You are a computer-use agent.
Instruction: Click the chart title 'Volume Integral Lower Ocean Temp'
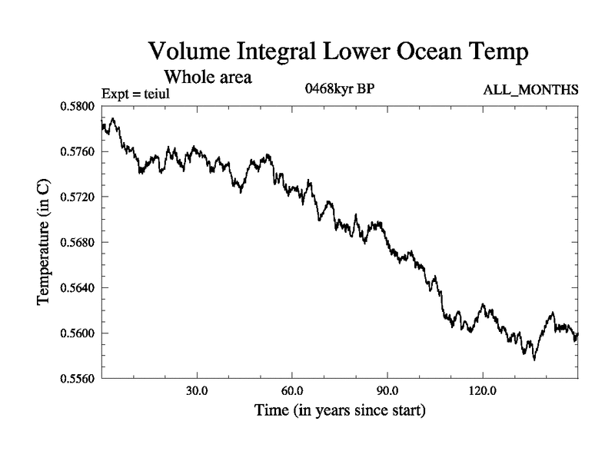point(339,53)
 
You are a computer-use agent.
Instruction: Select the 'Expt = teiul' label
point(135,94)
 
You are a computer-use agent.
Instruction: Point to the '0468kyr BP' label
point(340,88)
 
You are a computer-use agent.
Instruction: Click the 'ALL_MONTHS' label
point(530,91)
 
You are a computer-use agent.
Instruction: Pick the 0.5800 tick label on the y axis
point(76,106)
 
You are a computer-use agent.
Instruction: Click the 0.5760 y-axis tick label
point(76,151)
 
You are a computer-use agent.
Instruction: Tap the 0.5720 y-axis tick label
point(76,197)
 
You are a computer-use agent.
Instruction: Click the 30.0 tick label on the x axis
point(198,390)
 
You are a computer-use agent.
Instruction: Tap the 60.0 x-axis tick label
point(292,390)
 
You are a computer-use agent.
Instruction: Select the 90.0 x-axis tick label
point(387,390)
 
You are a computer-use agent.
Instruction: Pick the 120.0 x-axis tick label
point(482,390)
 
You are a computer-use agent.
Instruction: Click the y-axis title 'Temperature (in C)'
point(45,242)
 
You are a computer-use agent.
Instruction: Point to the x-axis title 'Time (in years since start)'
point(339,411)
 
